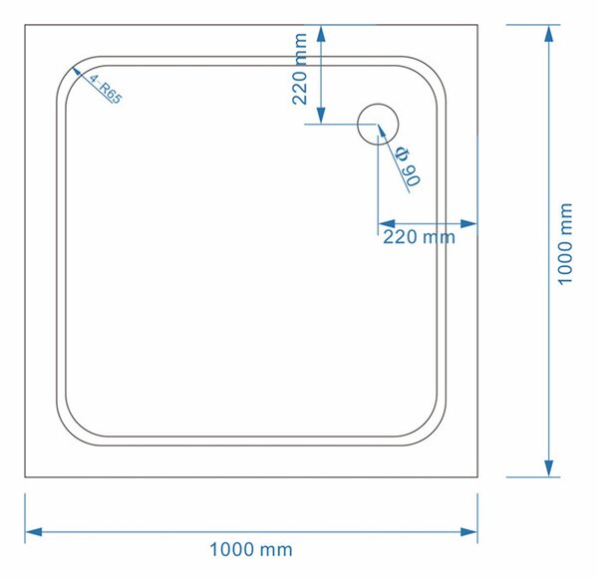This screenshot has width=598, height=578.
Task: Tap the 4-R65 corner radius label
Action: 106,90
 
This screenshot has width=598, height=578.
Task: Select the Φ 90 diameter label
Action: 408,166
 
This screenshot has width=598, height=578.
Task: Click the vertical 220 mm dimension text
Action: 299,69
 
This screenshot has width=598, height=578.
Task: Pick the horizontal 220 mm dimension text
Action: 419,237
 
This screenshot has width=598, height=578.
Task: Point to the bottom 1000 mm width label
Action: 251,550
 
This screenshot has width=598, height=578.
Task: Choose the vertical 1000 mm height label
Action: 565,244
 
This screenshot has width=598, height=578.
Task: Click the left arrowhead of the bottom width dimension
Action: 34,532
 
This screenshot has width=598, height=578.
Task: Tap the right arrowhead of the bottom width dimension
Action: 469,532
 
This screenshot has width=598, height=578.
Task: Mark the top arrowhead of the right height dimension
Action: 549,34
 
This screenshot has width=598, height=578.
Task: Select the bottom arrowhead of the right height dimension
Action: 549,468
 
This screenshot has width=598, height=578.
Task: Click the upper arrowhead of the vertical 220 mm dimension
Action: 321,34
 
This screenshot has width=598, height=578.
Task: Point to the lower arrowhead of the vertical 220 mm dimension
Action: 321,116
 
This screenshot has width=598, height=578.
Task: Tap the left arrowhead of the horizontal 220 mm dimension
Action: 387,223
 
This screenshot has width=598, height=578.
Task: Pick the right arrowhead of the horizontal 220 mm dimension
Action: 469,223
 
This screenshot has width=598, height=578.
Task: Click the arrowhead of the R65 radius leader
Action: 77,72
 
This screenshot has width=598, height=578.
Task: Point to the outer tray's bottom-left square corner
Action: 25,477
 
